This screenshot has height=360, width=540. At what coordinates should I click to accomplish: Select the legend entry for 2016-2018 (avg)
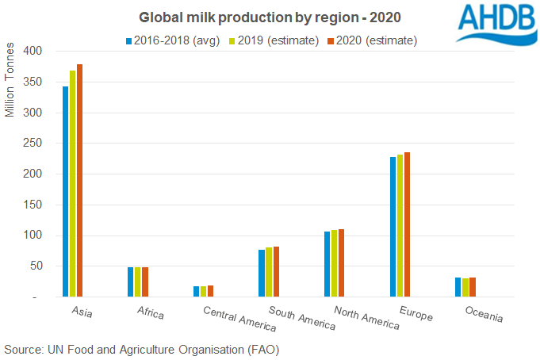click(x=170, y=39)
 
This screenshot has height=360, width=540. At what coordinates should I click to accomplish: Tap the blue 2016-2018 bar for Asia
click(x=66, y=191)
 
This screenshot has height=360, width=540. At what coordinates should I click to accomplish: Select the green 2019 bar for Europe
click(x=400, y=226)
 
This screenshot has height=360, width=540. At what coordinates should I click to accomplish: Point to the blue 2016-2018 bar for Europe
click(x=393, y=227)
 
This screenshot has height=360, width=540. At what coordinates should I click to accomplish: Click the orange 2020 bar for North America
click(x=342, y=263)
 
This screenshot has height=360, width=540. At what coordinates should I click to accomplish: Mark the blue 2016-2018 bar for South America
click(x=262, y=274)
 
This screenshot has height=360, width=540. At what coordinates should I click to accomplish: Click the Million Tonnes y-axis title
click(x=10, y=87)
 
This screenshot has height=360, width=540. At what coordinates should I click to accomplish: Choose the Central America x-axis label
click(x=239, y=319)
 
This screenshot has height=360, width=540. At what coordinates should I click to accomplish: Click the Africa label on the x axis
click(x=149, y=314)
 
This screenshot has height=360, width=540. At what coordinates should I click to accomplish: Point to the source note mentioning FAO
click(x=142, y=349)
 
